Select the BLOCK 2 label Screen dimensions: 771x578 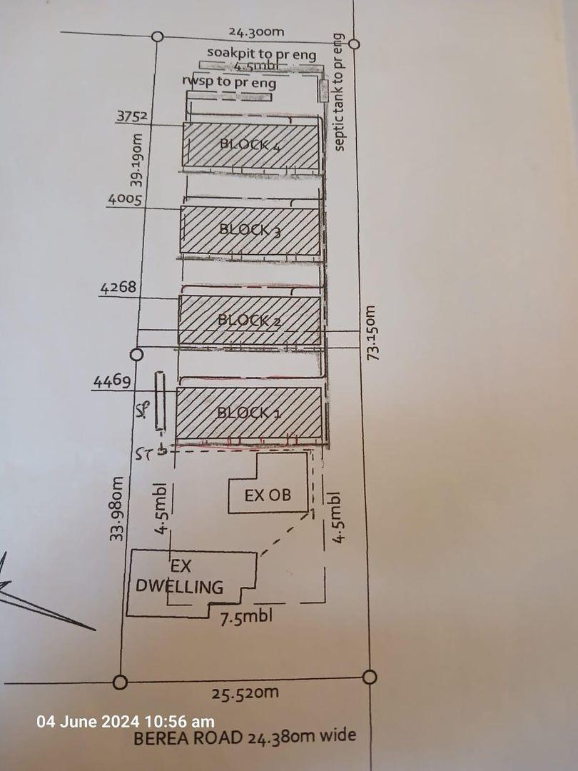(x=250, y=321)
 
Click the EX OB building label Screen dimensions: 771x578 (x=268, y=495)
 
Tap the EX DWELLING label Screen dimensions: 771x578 (x=180, y=578)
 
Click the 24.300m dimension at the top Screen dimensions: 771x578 (x=257, y=32)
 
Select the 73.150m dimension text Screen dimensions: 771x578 (x=371, y=333)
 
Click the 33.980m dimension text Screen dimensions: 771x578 (x=116, y=508)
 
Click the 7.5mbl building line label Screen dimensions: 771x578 (x=245, y=617)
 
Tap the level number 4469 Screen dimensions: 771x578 (x=112, y=382)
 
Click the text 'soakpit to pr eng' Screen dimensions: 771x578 (x=251, y=53)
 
